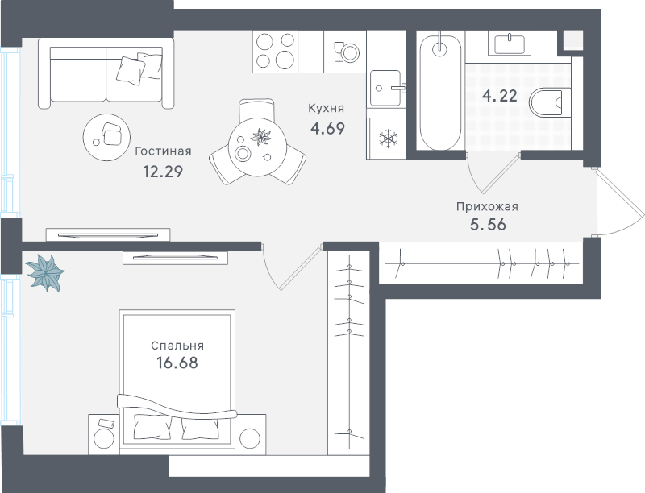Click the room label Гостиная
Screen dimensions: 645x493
coord(164,151)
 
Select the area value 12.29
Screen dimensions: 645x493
coord(163,172)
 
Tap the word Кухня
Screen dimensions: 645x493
coord(327,109)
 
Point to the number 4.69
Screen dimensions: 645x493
coord(328,129)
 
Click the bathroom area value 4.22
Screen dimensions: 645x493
coord(500,96)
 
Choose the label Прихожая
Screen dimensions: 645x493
coord(488,207)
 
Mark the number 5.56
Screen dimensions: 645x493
coord(489,225)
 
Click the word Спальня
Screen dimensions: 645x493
coord(177,346)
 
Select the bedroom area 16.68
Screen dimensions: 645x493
coord(177,362)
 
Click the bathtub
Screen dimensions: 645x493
coord(440,93)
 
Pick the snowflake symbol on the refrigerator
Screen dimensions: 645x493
coord(388,139)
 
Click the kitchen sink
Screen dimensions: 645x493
coord(386,88)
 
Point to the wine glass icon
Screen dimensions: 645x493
coord(339,52)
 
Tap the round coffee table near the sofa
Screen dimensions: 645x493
coord(106,137)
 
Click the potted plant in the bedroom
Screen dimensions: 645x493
coord(45,272)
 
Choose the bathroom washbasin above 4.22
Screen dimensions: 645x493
coord(510,44)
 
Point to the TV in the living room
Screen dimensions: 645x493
coord(108,235)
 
